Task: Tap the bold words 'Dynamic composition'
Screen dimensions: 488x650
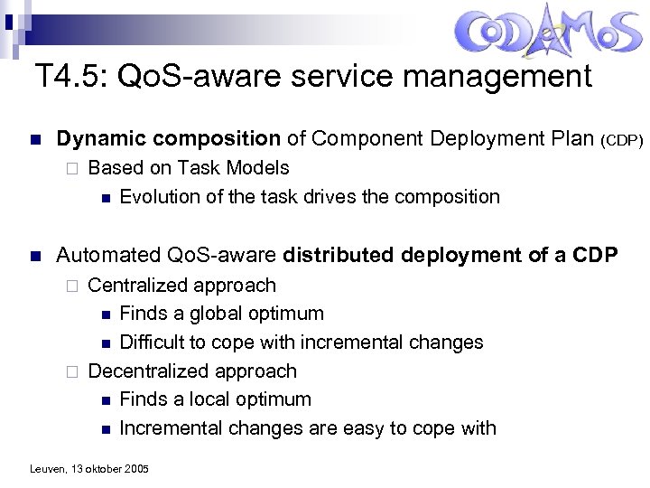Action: tap(168, 139)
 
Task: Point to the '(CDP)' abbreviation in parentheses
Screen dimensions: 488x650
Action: tap(621, 141)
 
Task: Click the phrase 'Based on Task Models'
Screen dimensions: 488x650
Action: tap(189, 168)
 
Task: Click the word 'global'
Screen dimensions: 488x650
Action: tap(209, 314)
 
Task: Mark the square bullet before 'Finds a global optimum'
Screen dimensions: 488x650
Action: tap(106, 314)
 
